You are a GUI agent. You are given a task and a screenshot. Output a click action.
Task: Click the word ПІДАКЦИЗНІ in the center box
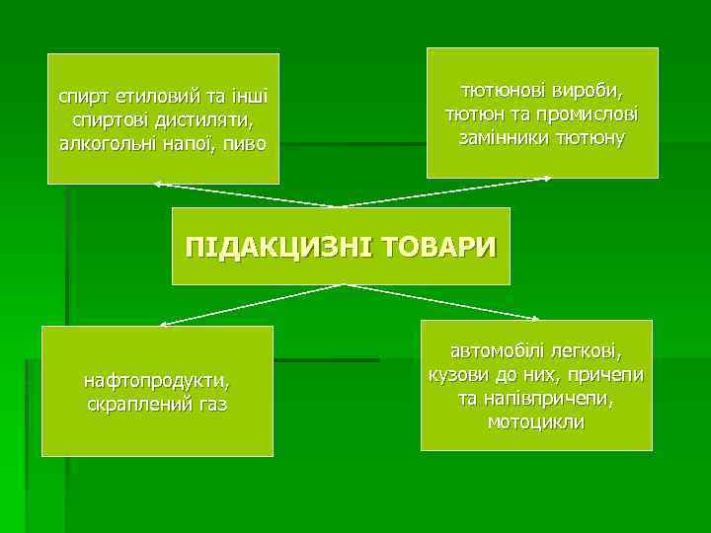pyautogui.click(x=276, y=246)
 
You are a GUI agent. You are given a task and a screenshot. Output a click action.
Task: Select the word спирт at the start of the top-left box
pyautogui.click(x=84, y=97)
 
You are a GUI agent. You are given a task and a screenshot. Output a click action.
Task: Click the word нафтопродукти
pyautogui.click(x=157, y=380)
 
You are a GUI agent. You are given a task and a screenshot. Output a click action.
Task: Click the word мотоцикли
pyautogui.click(x=536, y=420)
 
